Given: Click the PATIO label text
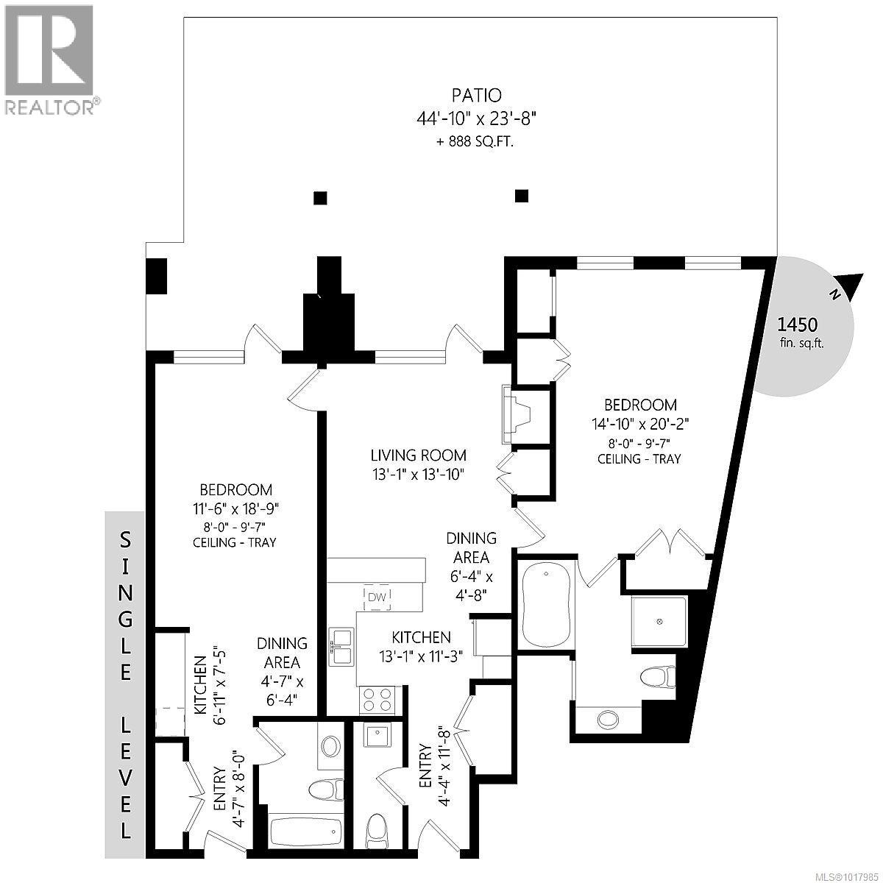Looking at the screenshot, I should click(x=475, y=95).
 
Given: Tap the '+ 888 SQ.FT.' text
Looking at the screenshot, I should click(x=475, y=142).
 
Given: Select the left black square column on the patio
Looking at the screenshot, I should click(x=320, y=197).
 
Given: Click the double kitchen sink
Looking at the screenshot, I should click(x=341, y=646).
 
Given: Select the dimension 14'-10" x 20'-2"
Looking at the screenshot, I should click(x=640, y=424).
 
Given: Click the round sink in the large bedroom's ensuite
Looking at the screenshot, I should click(x=608, y=717).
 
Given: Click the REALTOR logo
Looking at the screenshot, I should click(x=49, y=59).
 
